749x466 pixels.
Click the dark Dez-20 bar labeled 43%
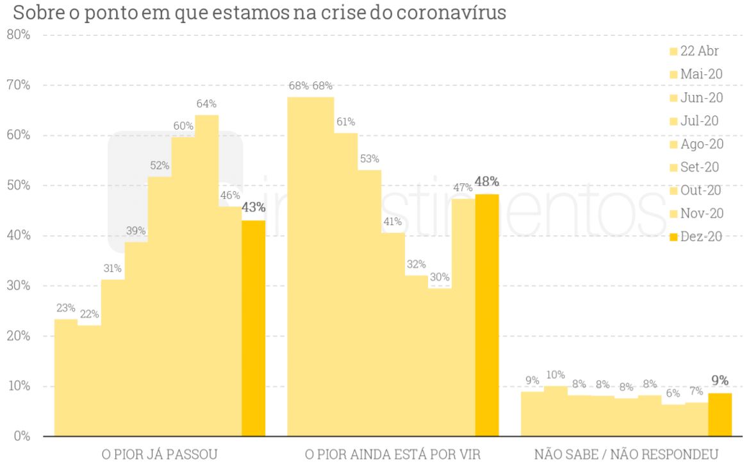tap(253, 328)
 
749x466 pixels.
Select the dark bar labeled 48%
tap(486, 315)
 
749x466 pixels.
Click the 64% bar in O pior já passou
tap(206, 276)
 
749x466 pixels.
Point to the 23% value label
tap(65, 308)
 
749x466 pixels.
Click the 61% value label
tap(345, 122)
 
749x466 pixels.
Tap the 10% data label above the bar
tap(555, 374)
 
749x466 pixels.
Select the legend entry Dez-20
tap(701, 237)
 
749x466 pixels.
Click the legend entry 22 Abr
tap(699, 51)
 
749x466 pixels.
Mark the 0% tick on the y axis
tap(22, 436)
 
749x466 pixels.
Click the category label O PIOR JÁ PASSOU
tap(160, 454)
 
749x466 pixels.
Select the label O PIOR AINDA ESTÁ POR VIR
tap(392, 454)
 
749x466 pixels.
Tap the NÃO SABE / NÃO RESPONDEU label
tap(626, 454)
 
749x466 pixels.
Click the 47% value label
tap(463, 187)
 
